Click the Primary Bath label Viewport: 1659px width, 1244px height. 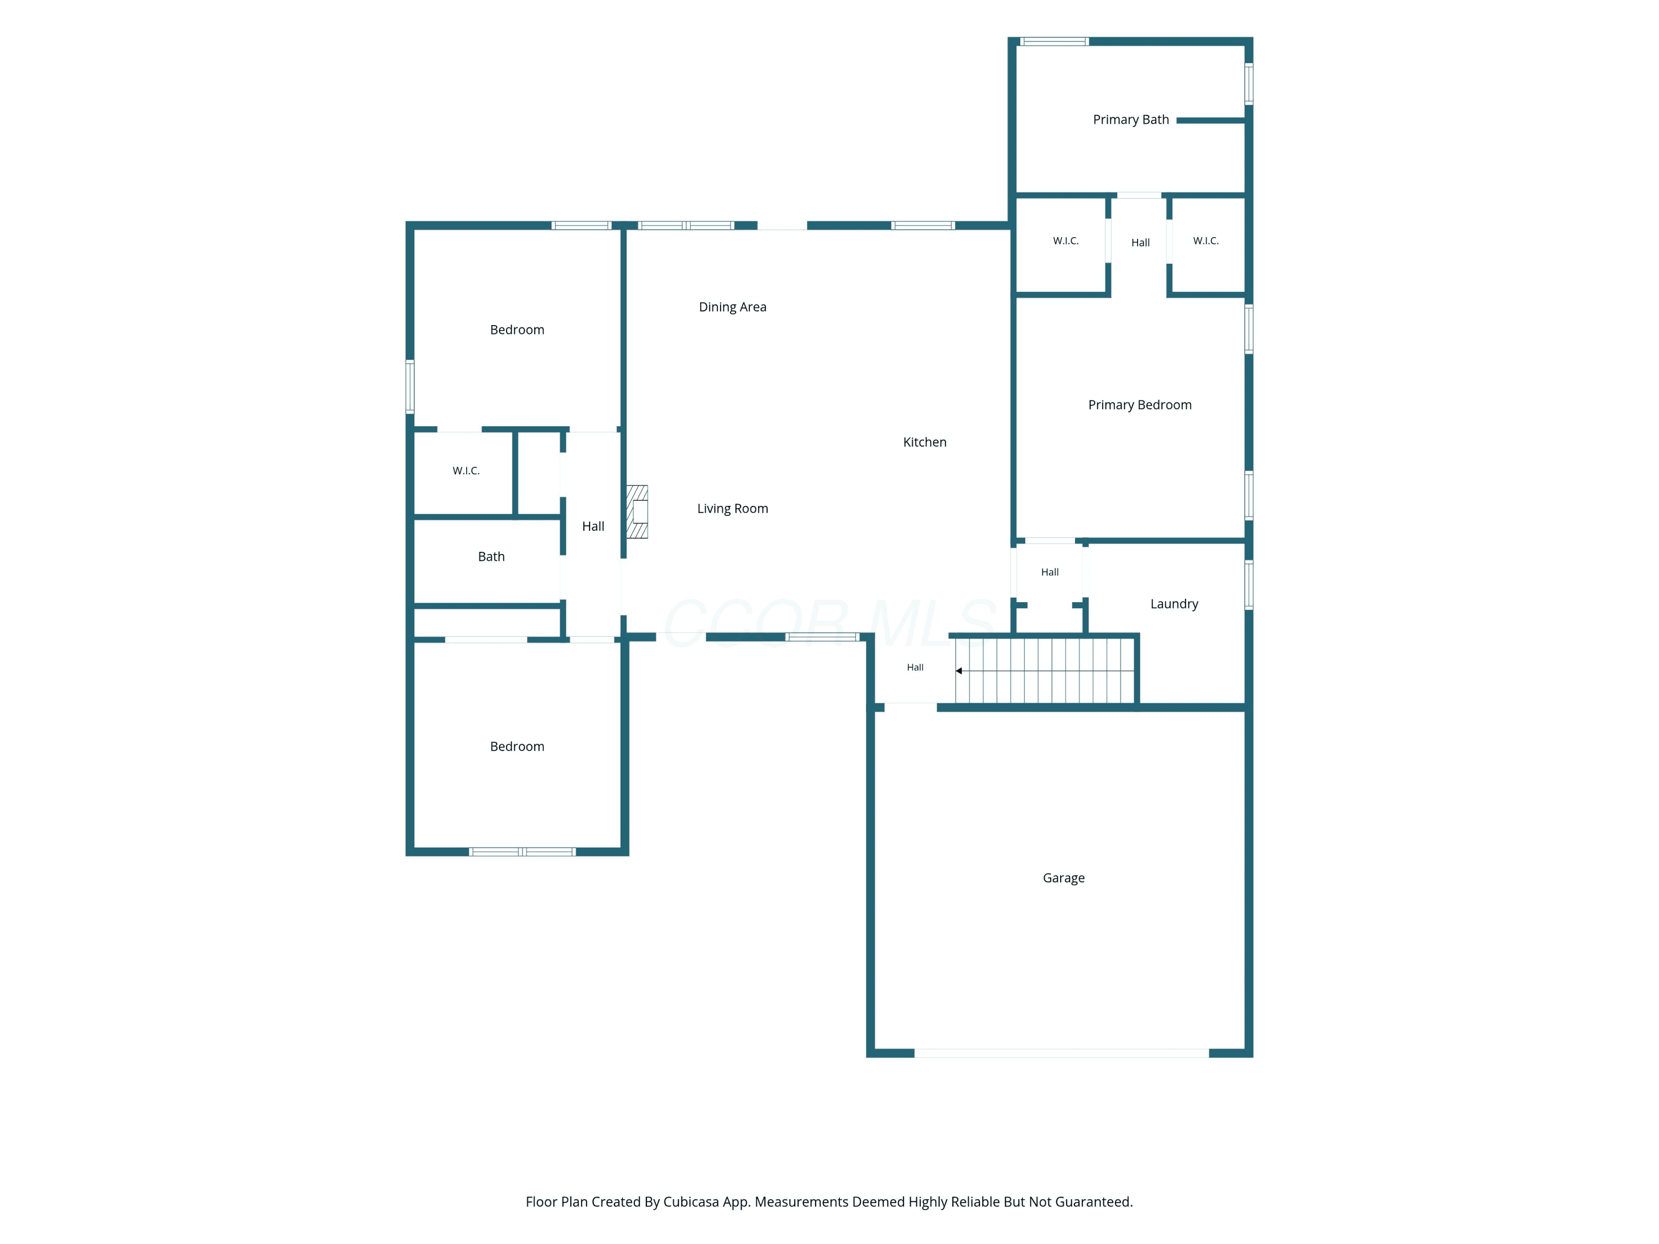click(x=1130, y=120)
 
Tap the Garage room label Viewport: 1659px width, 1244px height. click(x=1063, y=878)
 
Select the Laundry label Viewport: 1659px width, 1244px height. click(x=1174, y=604)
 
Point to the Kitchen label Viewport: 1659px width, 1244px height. click(x=925, y=442)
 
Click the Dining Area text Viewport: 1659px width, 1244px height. click(x=733, y=307)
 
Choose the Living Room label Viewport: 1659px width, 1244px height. click(x=733, y=509)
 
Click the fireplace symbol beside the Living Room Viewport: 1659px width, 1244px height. click(x=638, y=512)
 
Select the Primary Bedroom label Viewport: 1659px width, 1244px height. click(x=1140, y=405)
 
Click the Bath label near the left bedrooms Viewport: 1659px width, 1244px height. click(x=491, y=556)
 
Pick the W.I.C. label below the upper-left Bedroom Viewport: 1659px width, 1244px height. click(x=466, y=471)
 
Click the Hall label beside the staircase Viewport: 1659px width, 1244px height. click(x=915, y=667)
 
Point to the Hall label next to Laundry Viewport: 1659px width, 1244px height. click(x=1050, y=572)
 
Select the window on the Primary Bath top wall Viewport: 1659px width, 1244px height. click(x=1054, y=42)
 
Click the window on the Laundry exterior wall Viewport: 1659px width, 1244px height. click(x=1249, y=585)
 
